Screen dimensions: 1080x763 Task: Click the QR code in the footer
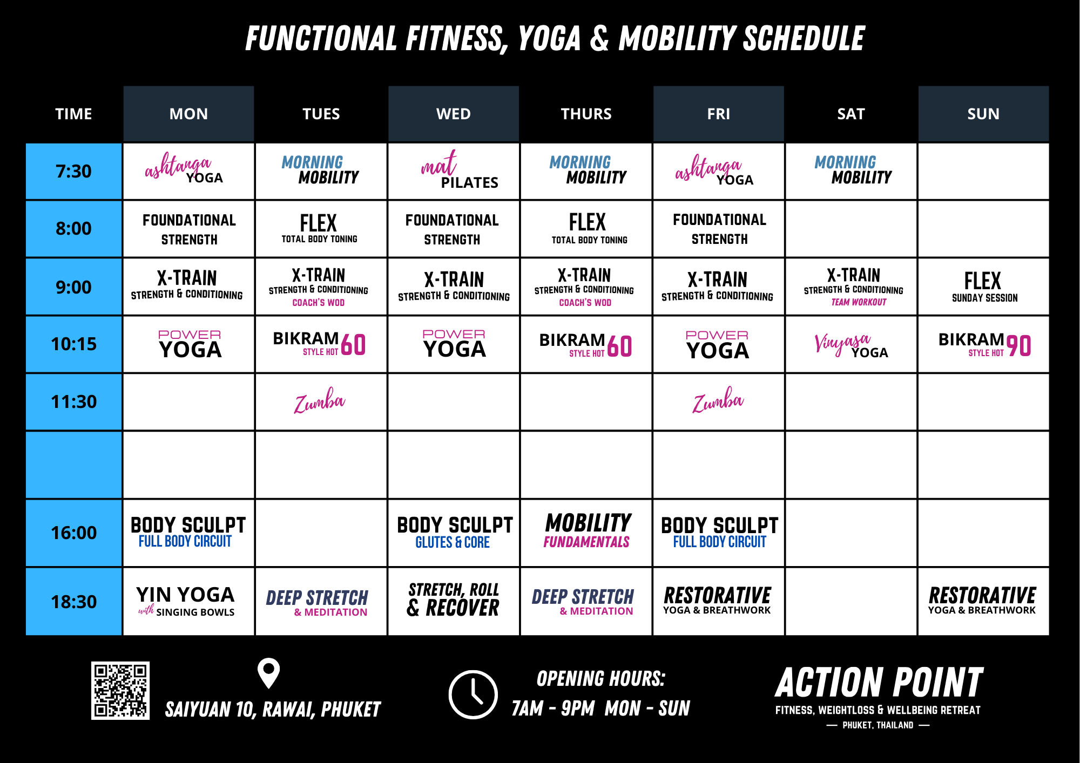click(x=120, y=690)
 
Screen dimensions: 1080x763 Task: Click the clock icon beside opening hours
click(x=473, y=694)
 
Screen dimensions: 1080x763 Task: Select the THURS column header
click(x=586, y=114)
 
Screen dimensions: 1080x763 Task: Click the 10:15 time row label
click(x=73, y=344)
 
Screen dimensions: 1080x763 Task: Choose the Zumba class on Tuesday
click(x=319, y=401)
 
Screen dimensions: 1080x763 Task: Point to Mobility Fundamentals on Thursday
click(x=588, y=530)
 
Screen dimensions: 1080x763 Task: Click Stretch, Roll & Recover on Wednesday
click(x=453, y=599)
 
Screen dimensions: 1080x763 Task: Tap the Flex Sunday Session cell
click(x=984, y=287)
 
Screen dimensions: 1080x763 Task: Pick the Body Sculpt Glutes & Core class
click(x=454, y=532)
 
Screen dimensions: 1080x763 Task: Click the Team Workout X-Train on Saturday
click(x=853, y=287)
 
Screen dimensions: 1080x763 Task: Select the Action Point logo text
click(x=879, y=683)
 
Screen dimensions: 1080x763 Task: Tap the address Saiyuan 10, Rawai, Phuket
click(x=273, y=710)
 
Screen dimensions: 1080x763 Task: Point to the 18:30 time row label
click(x=73, y=602)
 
